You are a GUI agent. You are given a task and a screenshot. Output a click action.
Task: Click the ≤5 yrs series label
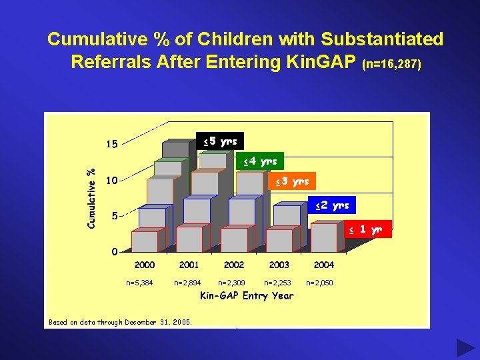pos(221,141)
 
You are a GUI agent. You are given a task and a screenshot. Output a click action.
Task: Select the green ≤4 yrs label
pos(261,161)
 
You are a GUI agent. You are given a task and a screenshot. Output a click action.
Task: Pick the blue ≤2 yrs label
pos(332,205)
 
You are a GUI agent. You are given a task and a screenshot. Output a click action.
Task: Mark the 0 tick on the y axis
pos(115,252)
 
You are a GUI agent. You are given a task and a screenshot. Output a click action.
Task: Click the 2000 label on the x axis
pos(145,265)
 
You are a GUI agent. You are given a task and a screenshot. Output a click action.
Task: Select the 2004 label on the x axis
pos(324,265)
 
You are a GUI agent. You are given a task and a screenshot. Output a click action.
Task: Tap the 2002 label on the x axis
pos(234,265)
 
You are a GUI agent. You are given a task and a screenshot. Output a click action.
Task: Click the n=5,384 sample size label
pos(139,283)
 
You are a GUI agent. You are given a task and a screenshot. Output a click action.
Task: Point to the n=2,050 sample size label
pos(319,283)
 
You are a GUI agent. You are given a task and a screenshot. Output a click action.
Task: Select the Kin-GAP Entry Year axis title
pos(247,295)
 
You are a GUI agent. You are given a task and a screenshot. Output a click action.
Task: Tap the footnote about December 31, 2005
pos(120,323)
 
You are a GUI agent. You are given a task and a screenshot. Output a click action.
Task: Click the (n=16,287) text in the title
pos(392,65)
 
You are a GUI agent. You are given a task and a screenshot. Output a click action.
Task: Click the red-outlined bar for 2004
pos(324,237)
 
